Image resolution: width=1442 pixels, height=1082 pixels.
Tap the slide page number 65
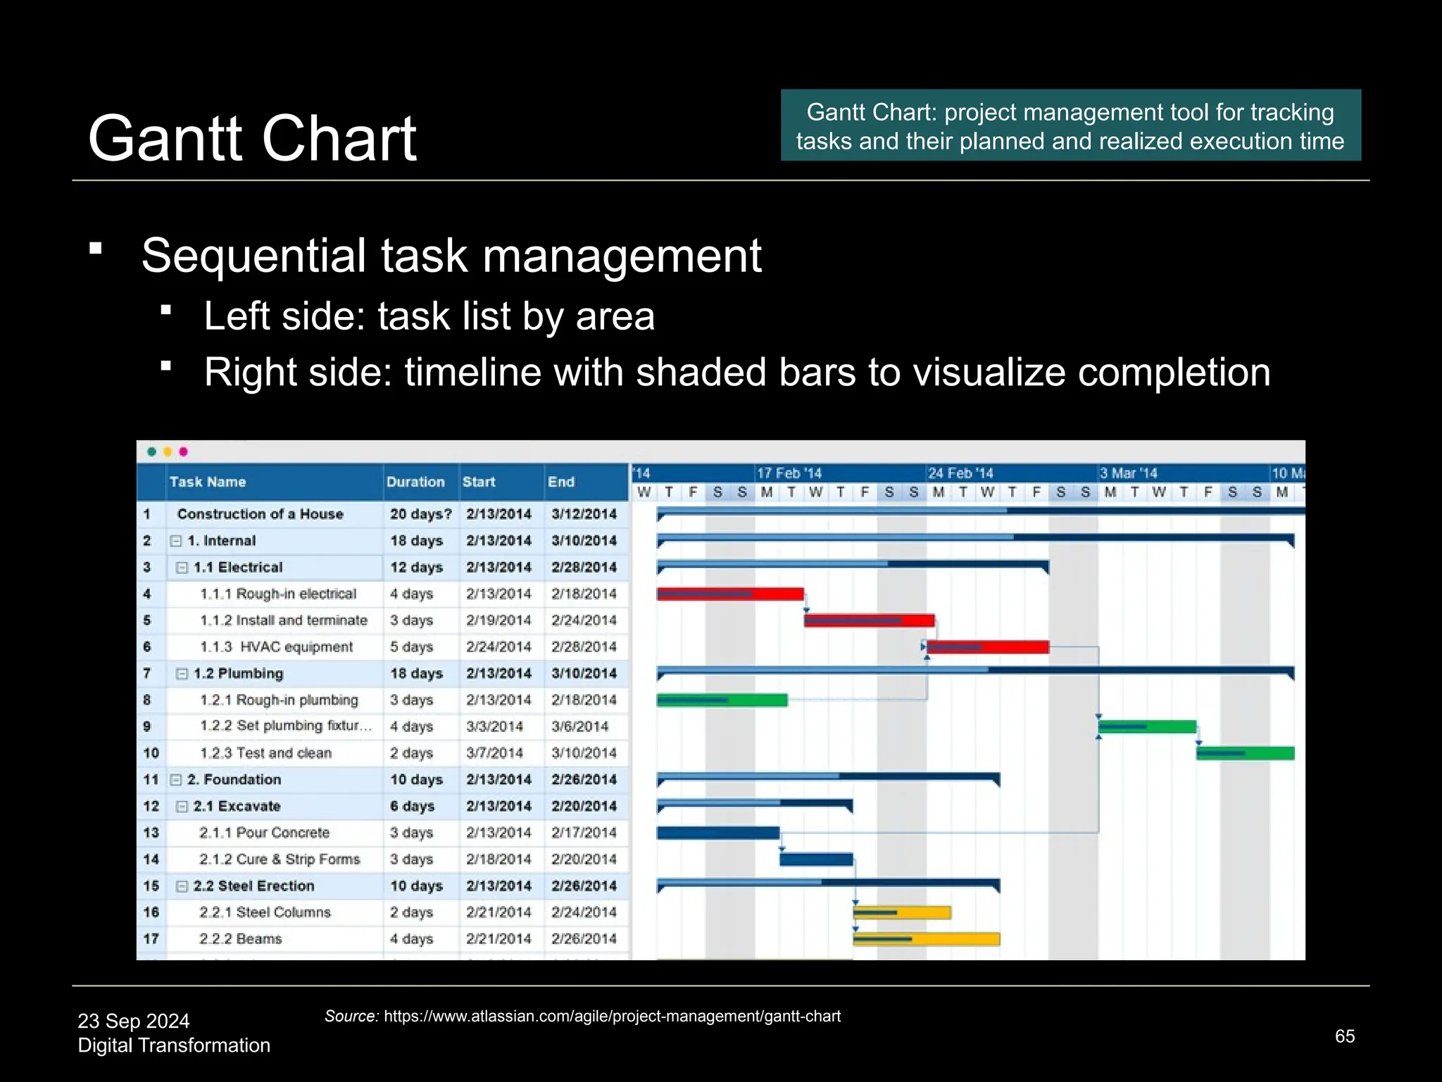pyautogui.click(x=1344, y=1036)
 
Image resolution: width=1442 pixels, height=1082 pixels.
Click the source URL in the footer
pyautogui.click(x=612, y=1016)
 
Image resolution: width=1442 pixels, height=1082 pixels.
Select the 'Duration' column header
pyautogui.click(x=415, y=482)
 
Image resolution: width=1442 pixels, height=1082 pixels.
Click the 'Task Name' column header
pyautogui.click(x=208, y=482)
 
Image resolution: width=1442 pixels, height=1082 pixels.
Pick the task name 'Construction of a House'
pyautogui.click(x=260, y=514)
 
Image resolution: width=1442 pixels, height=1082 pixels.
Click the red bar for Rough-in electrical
pyautogui.click(x=729, y=594)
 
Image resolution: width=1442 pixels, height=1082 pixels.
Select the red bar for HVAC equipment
pyautogui.click(x=987, y=647)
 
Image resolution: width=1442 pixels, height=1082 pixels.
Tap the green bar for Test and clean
pyautogui.click(x=1245, y=753)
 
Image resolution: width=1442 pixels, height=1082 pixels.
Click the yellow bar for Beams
pyautogui.click(x=926, y=939)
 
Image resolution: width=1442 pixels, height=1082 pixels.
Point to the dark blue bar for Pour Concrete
pyautogui.click(x=717, y=833)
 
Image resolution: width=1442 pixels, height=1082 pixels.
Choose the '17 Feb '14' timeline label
pyautogui.click(x=789, y=473)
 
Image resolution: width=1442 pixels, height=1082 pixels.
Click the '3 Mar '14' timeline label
pyautogui.click(x=1128, y=473)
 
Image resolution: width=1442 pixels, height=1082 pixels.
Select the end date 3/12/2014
pyautogui.click(x=584, y=514)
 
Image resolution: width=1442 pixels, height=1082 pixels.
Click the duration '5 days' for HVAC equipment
pyautogui.click(x=413, y=647)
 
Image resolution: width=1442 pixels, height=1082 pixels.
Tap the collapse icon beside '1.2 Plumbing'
pyautogui.click(x=182, y=673)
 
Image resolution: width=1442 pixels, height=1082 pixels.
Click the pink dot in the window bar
pyautogui.click(x=184, y=452)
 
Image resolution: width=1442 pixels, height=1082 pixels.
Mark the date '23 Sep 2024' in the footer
pyautogui.click(x=134, y=1021)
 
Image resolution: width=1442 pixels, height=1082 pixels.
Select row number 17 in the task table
pyautogui.click(x=151, y=939)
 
